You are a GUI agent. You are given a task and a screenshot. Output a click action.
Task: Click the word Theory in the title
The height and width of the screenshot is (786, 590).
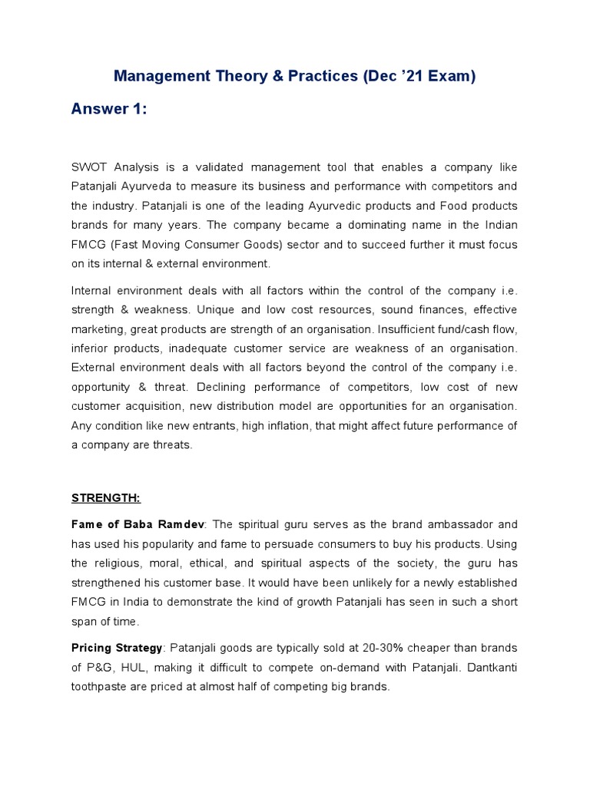(243, 76)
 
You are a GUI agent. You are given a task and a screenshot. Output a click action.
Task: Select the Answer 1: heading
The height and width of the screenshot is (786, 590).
(108, 109)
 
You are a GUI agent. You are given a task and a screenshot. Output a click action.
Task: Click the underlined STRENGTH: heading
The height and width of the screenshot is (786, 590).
(106, 497)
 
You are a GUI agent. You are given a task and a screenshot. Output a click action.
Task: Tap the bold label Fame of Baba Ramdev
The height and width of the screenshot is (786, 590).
(138, 524)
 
